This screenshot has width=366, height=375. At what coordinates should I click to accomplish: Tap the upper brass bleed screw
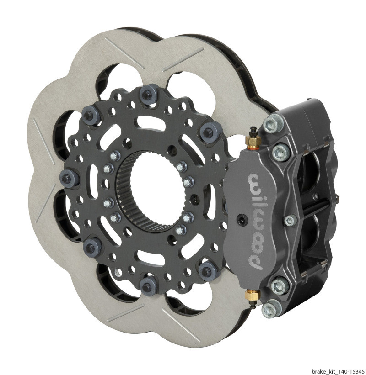pyautogui.click(x=252, y=141)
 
